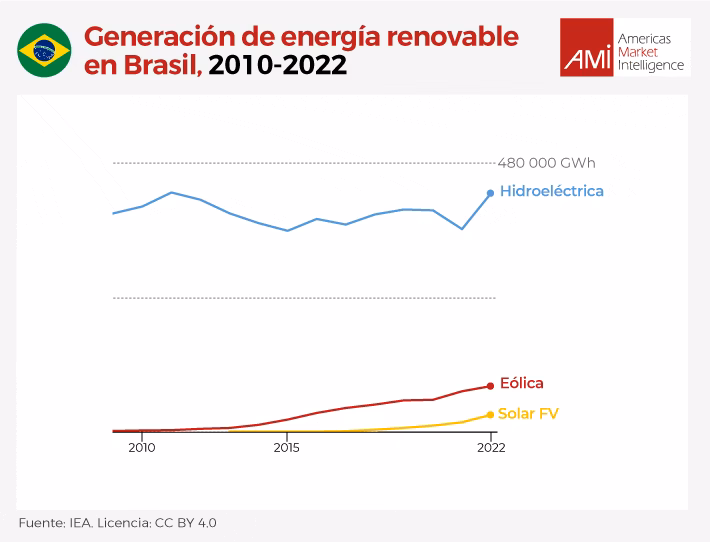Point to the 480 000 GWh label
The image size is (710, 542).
546,163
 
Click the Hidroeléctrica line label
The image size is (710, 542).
551,191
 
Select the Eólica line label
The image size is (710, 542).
521,383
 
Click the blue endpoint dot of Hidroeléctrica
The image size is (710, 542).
490,193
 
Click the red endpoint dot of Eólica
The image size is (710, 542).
490,386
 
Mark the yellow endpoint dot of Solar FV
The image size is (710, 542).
490,414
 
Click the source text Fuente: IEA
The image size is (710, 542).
55,522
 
